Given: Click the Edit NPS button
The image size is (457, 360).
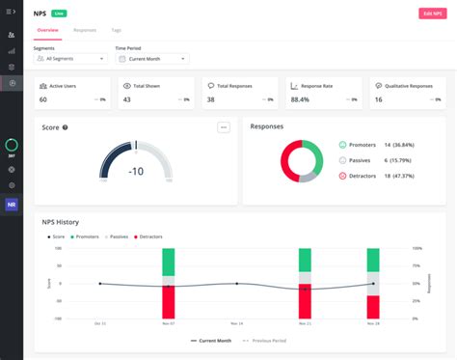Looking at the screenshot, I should point(433,13).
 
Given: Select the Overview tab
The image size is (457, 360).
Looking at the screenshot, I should point(47,30).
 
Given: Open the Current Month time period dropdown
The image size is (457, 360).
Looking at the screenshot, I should point(151,59).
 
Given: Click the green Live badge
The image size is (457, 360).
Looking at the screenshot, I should point(60,13).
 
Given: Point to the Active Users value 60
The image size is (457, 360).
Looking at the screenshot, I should point(43,99).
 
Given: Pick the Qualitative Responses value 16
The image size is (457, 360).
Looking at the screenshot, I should point(378,99).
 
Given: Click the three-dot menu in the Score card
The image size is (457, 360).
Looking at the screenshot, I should point(224,126).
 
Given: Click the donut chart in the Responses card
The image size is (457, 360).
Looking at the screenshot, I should point(299,160).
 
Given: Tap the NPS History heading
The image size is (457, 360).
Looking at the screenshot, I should point(60,222).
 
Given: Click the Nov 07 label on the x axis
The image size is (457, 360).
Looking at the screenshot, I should point(168,323).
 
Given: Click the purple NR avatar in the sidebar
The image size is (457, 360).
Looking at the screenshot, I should point(12,205).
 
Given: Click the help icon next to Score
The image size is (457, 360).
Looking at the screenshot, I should point(65,126).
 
